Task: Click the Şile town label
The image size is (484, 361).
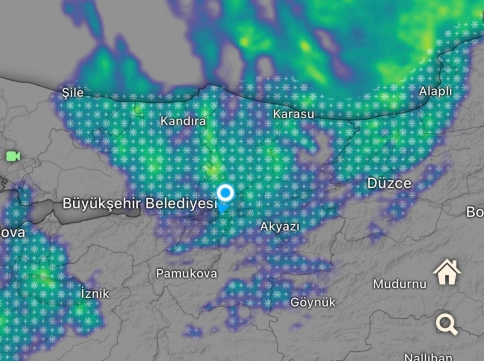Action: click(x=73, y=92)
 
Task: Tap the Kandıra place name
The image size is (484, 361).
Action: click(x=183, y=121)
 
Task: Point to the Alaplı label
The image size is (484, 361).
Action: click(x=435, y=92)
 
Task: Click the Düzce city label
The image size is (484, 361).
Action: click(x=389, y=183)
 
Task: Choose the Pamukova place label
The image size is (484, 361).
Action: click(x=187, y=273)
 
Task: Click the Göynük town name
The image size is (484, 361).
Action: click(x=313, y=302)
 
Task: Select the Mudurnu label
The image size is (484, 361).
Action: click(x=399, y=284)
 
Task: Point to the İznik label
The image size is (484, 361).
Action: click(x=95, y=293)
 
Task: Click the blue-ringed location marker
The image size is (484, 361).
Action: click(x=225, y=193)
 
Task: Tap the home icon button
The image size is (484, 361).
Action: click(x=447, y=273)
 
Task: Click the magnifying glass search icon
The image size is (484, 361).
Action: click(x=447, y=325)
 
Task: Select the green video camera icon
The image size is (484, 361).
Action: click(x=13, y=156)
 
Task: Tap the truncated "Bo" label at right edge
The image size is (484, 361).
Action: click(x=475, y=212)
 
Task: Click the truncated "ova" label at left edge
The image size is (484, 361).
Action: click(x=12, y=233)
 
